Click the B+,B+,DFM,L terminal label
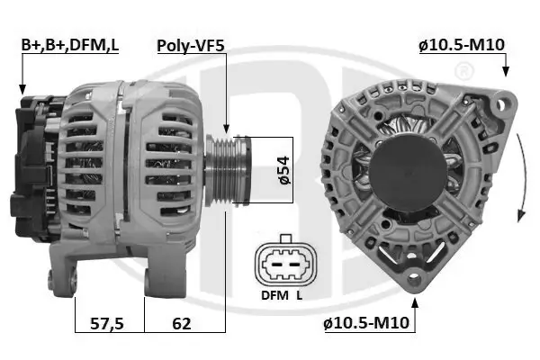coord(69,44)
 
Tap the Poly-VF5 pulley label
coord(192,44)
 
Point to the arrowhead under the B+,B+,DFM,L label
coord(22,89)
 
